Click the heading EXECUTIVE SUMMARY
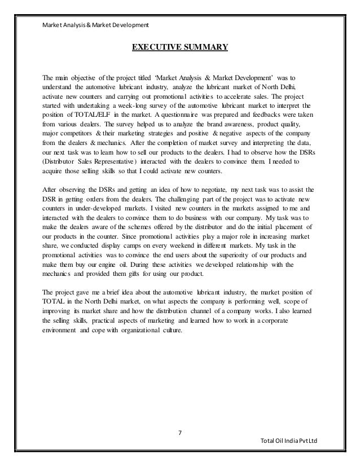180,46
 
